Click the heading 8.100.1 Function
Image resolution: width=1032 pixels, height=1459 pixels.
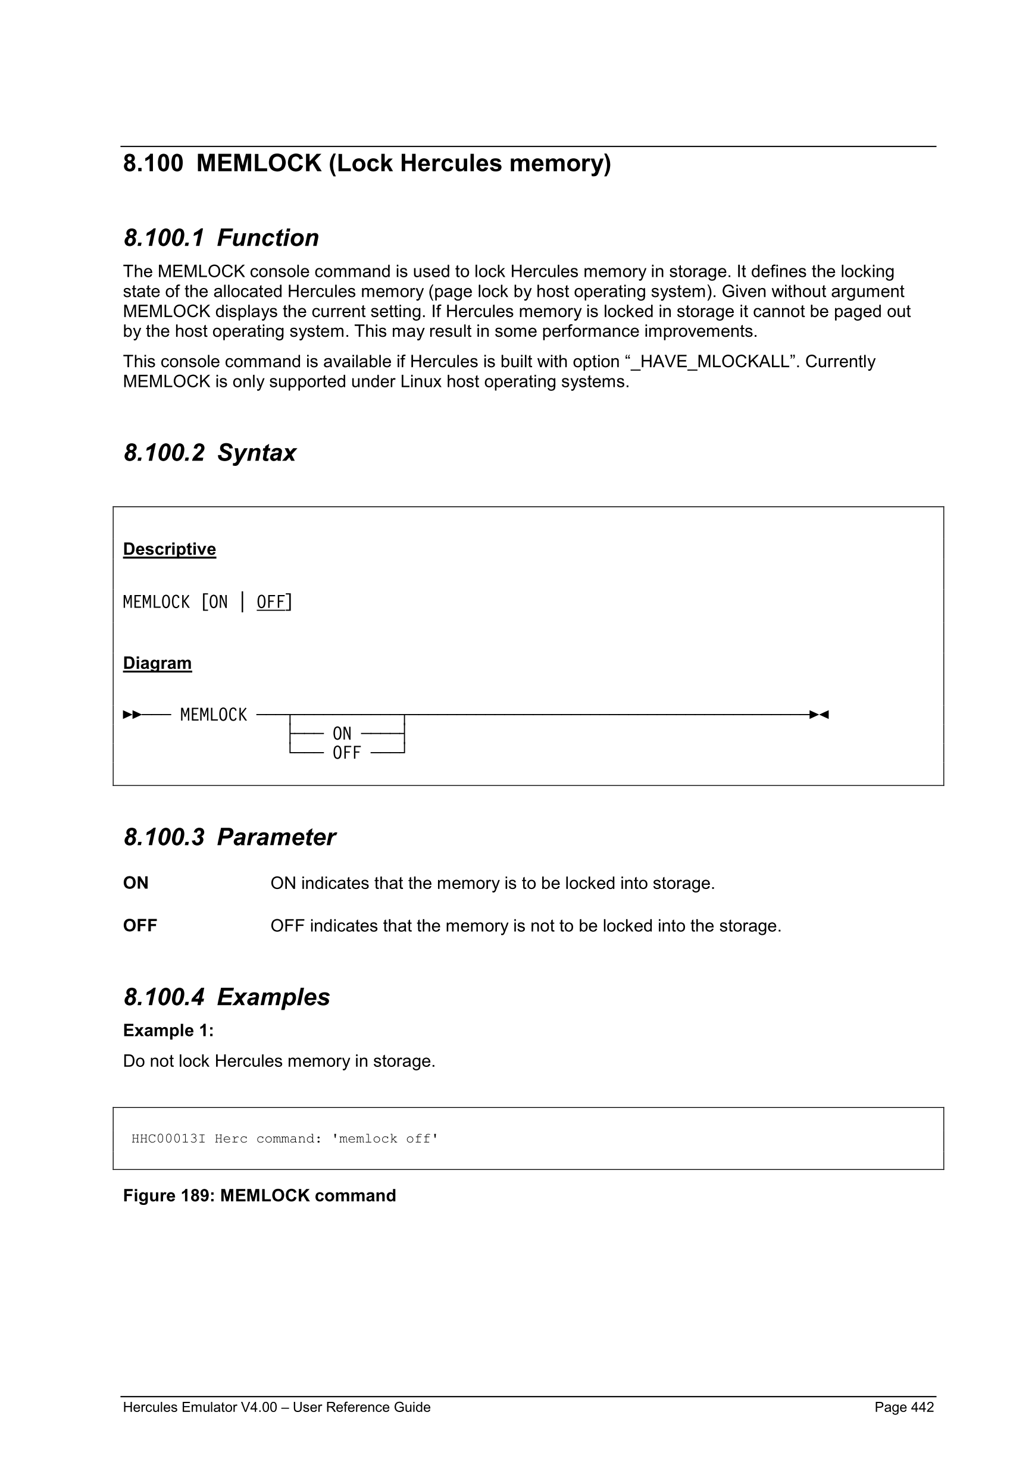coord(221,237)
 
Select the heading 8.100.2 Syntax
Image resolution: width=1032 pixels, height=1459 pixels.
coord(209,452)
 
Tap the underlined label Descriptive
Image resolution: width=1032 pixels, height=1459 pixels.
coord(169,549)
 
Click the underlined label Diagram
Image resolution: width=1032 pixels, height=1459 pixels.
coord(157,663)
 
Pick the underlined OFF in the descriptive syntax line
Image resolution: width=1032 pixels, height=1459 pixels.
coord(271,602)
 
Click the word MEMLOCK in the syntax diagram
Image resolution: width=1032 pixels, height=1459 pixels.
coord(214,715)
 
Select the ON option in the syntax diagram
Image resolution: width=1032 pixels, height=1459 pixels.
coord(342,734)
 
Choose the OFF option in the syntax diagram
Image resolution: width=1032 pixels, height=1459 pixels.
coord(346,753)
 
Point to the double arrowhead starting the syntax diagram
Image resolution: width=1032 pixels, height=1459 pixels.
coord(132,715)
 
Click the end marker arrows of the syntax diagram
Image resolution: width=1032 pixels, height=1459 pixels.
coord(819,715)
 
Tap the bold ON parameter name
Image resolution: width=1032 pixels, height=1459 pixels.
coord(135,882)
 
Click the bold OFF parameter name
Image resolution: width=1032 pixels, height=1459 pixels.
coord(140,925)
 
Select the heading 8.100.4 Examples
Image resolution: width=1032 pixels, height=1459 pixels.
coord(226,997)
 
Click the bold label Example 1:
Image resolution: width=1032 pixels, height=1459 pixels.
coord(168,1030)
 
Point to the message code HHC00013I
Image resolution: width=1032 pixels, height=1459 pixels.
coord(168,1138)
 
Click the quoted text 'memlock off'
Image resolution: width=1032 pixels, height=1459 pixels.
coord(385,1138)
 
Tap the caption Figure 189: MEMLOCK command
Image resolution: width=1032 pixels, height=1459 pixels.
coord(259,1195)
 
